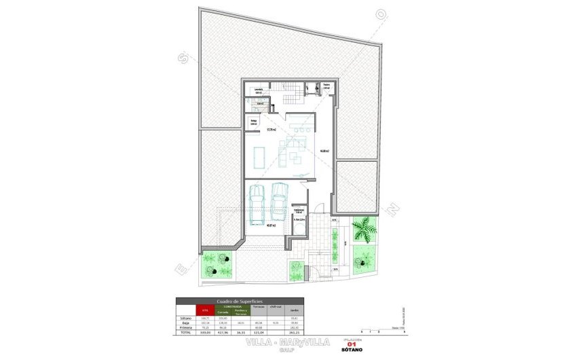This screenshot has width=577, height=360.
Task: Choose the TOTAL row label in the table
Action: point(185,331)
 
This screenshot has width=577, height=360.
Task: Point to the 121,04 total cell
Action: point(258,331)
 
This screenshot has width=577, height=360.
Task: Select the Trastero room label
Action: point(326,87)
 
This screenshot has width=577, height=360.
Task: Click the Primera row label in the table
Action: point(187,327)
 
